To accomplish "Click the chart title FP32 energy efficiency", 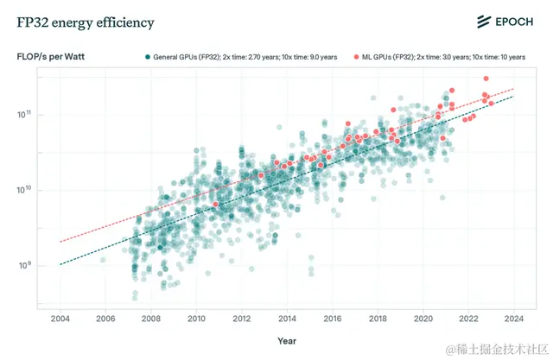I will [86, 22].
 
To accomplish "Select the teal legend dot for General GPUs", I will [148, 57].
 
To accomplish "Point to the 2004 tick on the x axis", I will [60, 318].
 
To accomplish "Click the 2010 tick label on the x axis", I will [196, 318].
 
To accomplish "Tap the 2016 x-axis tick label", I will [333, 318].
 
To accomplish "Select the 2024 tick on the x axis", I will [514, 318].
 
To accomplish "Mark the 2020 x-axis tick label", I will [423, 318].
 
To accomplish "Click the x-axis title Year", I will [287, 340].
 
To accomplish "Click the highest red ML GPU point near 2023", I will [486, 79].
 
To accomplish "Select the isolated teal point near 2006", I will [103, 259].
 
